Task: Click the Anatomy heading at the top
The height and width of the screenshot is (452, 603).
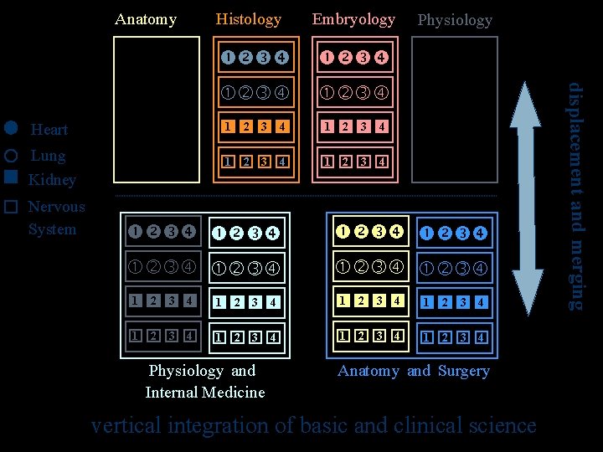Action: click(x=146, y=19)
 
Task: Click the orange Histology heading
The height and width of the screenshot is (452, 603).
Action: click(x=249, y=18)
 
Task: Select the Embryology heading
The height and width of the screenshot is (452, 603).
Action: click(x=353, y=18)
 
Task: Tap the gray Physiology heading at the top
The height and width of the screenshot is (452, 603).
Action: click(x=455, y=19)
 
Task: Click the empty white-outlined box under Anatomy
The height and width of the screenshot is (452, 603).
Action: click(x=157, y=109)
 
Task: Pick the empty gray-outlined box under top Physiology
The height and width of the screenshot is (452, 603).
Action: click(x=455, y=109)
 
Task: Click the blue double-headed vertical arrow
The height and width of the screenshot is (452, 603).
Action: click(x=528, y=198)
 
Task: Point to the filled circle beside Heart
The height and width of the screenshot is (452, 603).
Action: click(x=10, y=128)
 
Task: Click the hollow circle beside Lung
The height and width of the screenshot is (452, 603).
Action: click(x=10, y=156)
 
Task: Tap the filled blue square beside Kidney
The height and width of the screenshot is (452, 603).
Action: click(x=10, y=177)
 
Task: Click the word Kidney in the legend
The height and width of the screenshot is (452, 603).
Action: click(x=52, y=180)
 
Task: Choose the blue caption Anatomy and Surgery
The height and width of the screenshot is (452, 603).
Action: click(x=414, y=371)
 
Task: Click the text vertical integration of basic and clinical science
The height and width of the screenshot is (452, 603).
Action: click(x=313, y=425)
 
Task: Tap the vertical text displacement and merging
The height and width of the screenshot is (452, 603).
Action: click(x=575, y=197)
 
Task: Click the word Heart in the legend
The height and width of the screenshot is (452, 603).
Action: click(x=49, y=130)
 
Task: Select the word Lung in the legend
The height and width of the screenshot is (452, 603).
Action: click(x=48, y=156)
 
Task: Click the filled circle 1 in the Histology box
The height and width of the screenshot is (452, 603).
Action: click(x=228, y=58)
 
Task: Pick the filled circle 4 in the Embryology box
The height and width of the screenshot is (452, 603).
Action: click(x=381, y=58)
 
